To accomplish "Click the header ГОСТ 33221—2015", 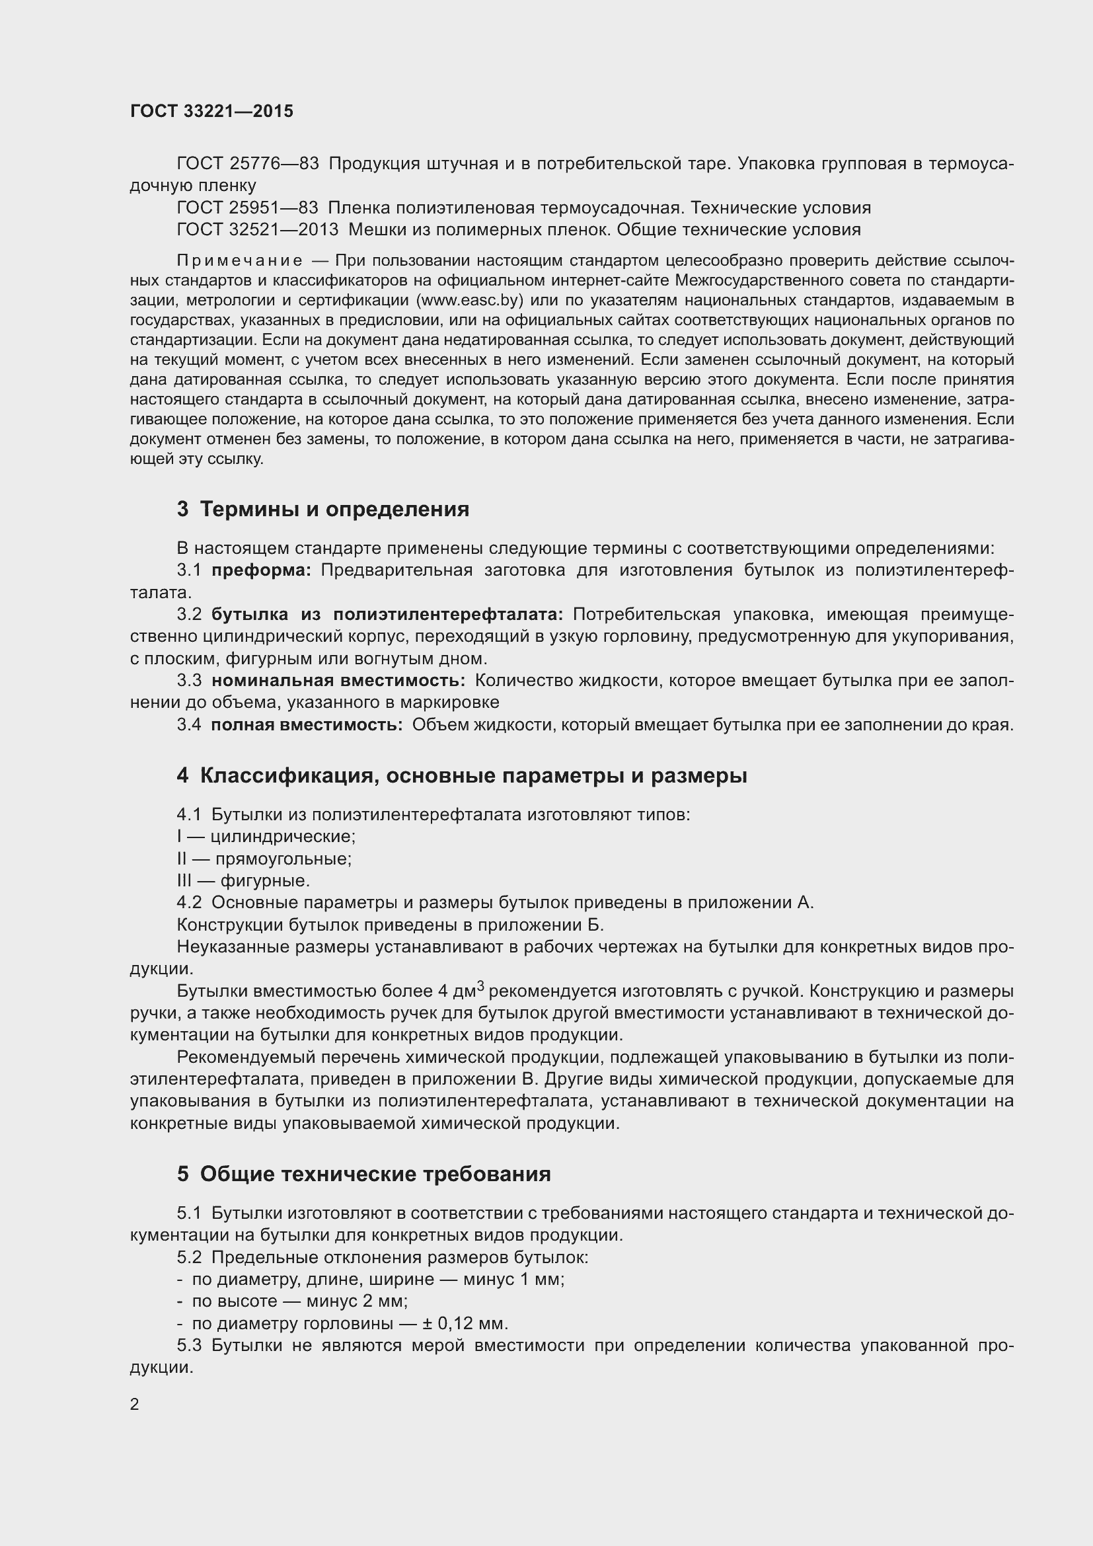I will [211, 111].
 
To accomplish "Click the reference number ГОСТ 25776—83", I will [247, 164].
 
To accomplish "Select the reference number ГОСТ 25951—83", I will [247, 208].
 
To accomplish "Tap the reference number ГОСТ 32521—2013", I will [257, 229].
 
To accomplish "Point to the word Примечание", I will [239, 260].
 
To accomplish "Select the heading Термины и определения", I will [334, 509].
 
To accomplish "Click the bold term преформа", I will [261, 570].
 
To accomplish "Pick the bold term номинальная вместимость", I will [338, 681].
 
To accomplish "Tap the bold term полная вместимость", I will [306, 724].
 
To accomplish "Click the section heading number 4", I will [182, 776].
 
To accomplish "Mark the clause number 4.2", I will [189, 903].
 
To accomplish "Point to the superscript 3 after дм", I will [480, 986].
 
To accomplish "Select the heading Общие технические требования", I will [375, 1175].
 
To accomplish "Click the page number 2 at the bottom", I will [135, 1405].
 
